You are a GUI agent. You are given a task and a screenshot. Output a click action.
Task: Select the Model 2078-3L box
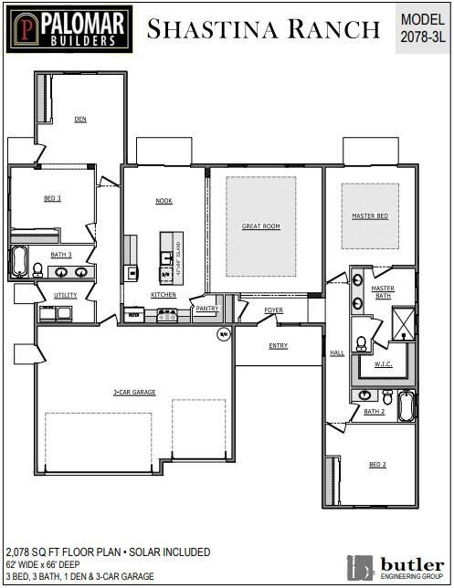pyautogui.click(x=424, y=27)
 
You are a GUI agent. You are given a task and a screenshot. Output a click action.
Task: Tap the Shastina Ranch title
pyautogui.click(x=263, y=29)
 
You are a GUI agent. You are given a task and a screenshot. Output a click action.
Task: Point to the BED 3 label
pyautogui.click(x=52, y=198)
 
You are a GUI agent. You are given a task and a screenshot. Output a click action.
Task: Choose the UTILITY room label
pyautogui.click(x=65, y=295)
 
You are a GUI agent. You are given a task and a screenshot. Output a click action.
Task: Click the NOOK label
pyautogui.click(x=164, y=201)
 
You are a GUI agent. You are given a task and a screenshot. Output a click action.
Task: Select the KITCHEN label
pyautogui.click(x=164, y=295)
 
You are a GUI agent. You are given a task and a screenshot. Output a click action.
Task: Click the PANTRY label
pyautogui.click(x=206, y=309)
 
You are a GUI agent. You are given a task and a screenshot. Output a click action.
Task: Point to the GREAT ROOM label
pyautogui.click(x=260, y=226)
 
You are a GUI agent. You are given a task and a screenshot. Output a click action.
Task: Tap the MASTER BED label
pyautogui.click(x=370, y=216)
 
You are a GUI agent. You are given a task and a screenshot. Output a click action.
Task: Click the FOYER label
pyautogui.click(x=274, y=310)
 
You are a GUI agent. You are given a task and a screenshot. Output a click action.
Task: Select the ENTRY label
pyautogui.click(x=279, y=345)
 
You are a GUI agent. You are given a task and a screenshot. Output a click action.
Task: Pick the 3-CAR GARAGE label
pyautogui.click(x=134, y=393)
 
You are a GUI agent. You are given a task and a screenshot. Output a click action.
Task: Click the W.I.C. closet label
pyautogui.click(x=383, y=363)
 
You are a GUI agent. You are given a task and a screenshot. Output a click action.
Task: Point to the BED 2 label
pyautogui.click(x=377, y=465)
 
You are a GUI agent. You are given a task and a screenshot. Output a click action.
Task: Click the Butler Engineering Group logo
pyautogui.click(x=395, y=566)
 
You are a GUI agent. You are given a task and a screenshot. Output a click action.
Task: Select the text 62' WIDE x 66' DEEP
pyautogui.click(x=50, y=565)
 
